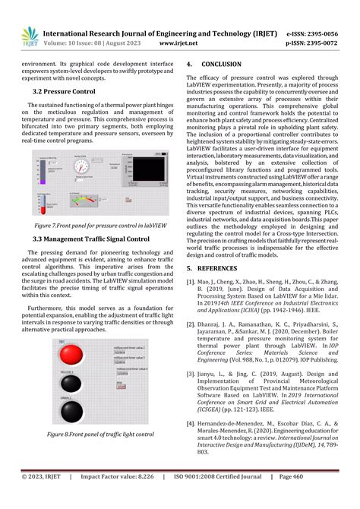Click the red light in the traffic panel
[71, 355]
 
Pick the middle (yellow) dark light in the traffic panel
[71, 384]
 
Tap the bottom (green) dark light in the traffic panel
[71, 411]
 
